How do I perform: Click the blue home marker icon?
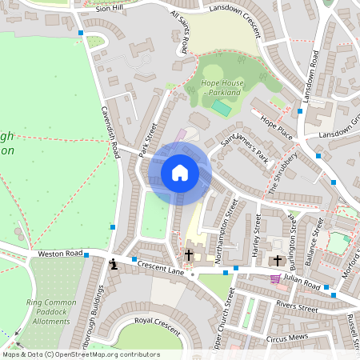pyautogui.click(x=180, y=173)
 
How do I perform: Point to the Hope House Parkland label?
pyautogui.click(x=221, y=88)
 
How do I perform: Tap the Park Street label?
pyautogui.click(x=146, y=138)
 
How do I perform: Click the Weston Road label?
pyautogui.click(x=61, y=254)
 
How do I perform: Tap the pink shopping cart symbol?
pyautogui.click(x=276, y=278)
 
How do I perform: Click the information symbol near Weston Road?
pyautogui.click(x=114, y=264)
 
